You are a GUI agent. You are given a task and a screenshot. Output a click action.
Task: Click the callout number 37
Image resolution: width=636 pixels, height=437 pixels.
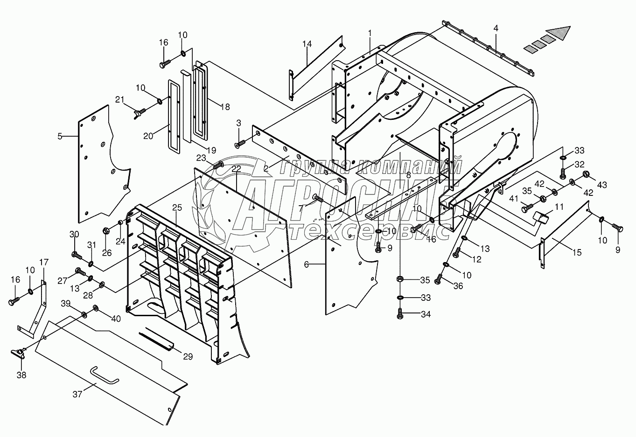pyautogui.click(x=77, y=394)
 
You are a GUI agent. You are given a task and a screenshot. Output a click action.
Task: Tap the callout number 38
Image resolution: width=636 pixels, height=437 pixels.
pyautogui.click(x=21, y=375)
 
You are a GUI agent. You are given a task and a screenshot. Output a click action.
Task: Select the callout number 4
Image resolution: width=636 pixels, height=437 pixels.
pyautogui.click(x=496, y=28)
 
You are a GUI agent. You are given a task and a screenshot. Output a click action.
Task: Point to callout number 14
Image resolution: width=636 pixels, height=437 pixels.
pyautogui.click(x=307, y=44)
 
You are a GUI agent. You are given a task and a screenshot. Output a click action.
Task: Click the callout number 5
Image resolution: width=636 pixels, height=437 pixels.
pyautogui.click(x=60, y=137)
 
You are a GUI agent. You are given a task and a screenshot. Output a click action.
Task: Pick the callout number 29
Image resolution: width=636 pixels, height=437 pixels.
pyautogui.click(x=188, y=356)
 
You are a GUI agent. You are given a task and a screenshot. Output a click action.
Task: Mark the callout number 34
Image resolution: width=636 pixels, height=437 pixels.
pyautogui.click(x=426, y=314)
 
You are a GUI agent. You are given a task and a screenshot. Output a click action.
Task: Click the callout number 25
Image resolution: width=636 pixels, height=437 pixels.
pyautogui.click(x=177, y=208)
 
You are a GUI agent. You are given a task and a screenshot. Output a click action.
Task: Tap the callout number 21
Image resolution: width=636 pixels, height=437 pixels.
pyautogui.click(x=119, y=100)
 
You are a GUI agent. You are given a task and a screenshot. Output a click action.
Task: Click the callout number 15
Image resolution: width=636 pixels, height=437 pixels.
pyautogui.click(x=577, y=252)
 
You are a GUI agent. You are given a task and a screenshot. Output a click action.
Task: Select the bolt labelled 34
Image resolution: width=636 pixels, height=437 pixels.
pyautogui.click(x=400, y=314)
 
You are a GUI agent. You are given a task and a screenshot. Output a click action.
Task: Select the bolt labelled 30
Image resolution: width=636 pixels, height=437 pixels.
pyautogui.click(x=77, y=255)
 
